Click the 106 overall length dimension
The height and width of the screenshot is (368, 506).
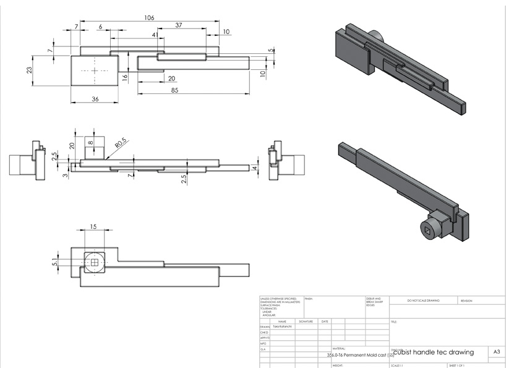(x=149, y=18)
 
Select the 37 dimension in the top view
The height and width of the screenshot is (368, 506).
(x=178, y=25)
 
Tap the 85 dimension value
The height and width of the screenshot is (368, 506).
(x=176, y=91)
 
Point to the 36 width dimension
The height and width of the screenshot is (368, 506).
(x=95, y=99)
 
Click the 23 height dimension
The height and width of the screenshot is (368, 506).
(x=29, y=71)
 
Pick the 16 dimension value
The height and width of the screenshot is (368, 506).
(x=124, y=77)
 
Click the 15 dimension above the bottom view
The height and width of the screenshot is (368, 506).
(x=94, y=226)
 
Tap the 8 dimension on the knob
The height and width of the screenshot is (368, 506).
(x=92, y=143)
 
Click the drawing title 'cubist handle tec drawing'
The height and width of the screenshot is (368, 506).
(x=433, y=352)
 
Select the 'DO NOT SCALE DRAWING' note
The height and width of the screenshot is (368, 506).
(x=423, y=301)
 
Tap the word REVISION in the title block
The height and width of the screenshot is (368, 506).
(x=466, y=301)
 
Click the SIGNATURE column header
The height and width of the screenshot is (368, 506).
(x=306, y=322)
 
